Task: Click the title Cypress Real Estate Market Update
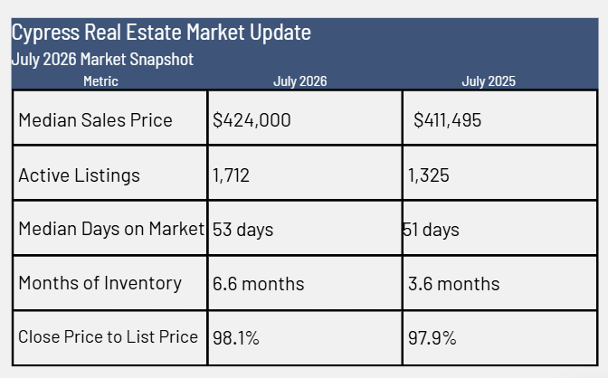point(161,33)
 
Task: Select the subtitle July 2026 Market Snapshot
point(102,60)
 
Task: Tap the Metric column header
point(100,81)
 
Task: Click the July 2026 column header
point(299,81)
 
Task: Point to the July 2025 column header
point(489,81)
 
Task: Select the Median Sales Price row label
point(95,119)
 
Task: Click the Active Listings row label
point(79,175)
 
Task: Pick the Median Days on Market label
point(111,229)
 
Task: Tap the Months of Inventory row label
point(100,283)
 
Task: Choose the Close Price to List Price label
point(109,336)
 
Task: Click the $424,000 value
point(252,120)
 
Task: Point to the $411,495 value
point(448,120)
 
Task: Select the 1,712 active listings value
point(231,175)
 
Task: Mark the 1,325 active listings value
point(429,175)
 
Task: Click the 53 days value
point(243,230)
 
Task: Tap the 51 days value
point(432,230)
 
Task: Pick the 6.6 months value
point(259,284)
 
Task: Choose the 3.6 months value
point(454,284)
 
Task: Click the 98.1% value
point(236,338)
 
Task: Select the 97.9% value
point(432,338)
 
